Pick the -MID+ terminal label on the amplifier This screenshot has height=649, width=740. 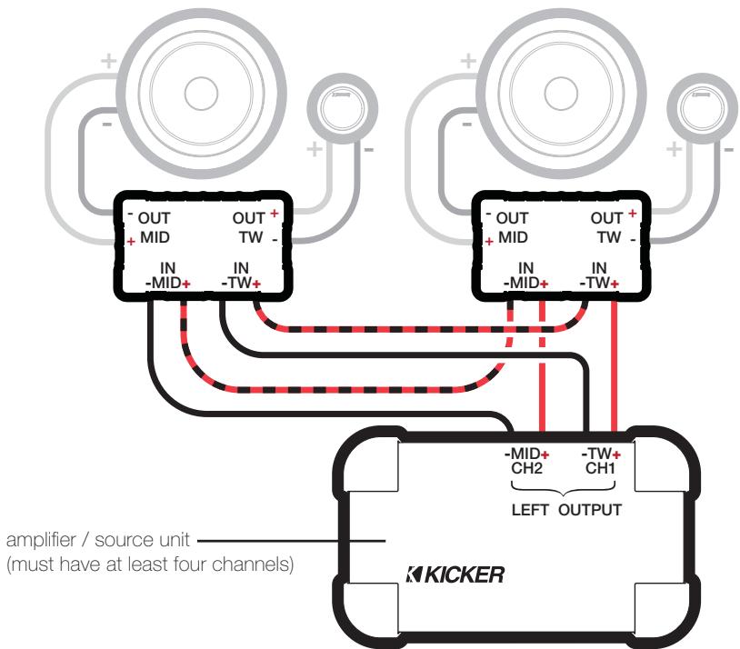point(526,454)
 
